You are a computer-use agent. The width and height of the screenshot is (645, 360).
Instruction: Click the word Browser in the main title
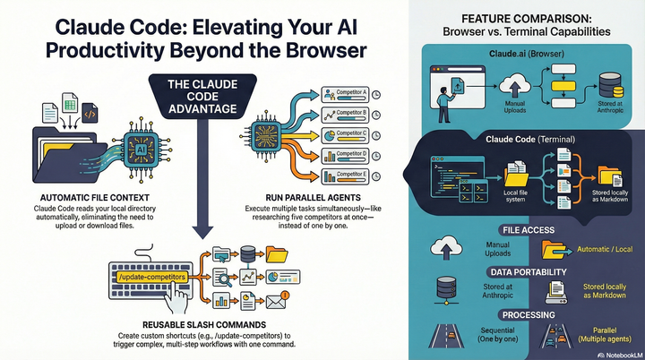pyautogui.click(x=314, y=52)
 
